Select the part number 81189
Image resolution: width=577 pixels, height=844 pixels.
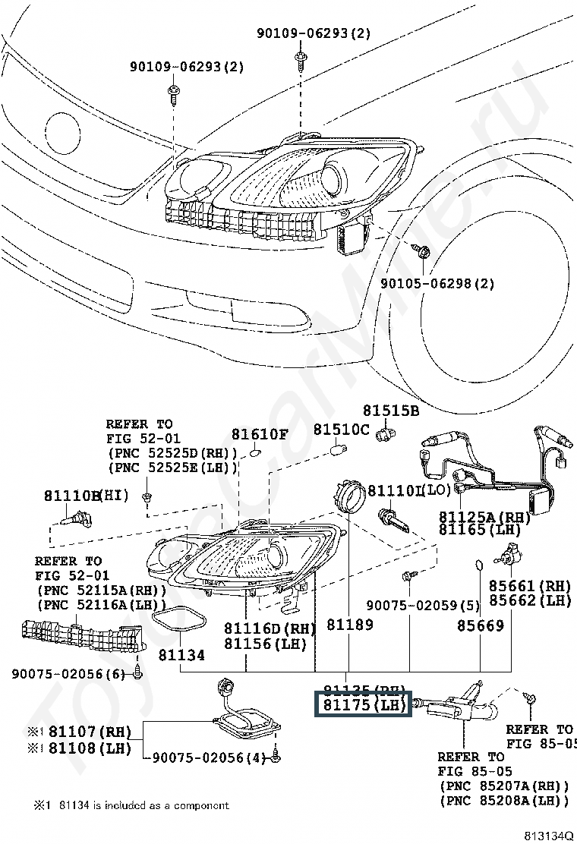(x=350, y=625)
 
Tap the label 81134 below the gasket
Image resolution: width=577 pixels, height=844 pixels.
(x=181, y=654)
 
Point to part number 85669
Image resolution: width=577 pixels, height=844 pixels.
(x=480, y=625)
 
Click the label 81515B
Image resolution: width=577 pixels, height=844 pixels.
(x=390, y=411)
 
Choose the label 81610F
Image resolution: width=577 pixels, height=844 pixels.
(x=260, y=435)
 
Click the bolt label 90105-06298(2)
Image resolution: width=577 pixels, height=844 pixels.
(x=437, y=283)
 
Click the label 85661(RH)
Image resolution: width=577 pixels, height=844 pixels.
(x=528, y=585)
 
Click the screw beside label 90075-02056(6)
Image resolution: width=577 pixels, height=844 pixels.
(x=137, y=672)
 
